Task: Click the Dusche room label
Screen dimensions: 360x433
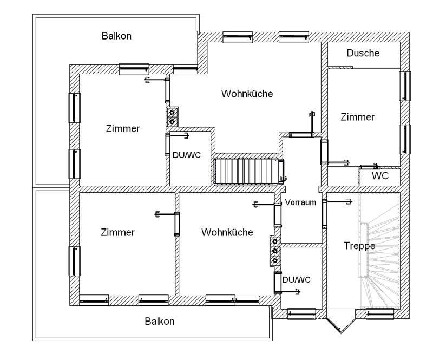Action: (363, 53)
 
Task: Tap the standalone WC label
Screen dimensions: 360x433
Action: (380, 175)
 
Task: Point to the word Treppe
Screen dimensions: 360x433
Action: (360, 245)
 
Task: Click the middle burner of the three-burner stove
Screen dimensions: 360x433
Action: (275, 251)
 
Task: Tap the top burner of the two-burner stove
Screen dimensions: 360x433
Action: (172, 113)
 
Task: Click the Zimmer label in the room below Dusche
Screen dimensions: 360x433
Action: (358, 117)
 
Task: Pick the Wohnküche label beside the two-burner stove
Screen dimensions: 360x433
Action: (247, 94)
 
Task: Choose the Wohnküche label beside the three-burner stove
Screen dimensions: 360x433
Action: (227, 232)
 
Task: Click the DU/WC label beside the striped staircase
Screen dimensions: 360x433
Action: (187, 155)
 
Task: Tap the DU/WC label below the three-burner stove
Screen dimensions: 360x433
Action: (297, 279)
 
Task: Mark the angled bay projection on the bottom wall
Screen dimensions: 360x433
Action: (339, 322)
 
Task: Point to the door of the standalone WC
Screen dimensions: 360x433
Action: (369, 167)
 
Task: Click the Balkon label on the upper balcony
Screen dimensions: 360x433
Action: (117, 36)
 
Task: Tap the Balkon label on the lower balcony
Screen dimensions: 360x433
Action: (160, 321)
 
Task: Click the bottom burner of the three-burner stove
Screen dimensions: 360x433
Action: (275, 261)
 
